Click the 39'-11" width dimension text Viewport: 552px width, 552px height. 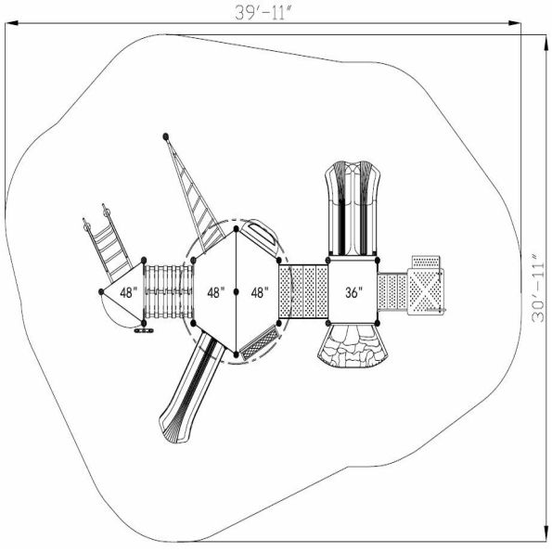pos(264,13)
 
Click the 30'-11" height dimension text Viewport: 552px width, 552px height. pos(538,288)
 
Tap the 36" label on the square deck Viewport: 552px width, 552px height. pos(353,292)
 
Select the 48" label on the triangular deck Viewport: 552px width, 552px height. pos(129,292)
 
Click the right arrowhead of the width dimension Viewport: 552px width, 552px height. pos(514,23)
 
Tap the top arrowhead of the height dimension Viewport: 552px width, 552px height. pos(546,43)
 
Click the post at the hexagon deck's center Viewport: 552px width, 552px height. pos(237,292)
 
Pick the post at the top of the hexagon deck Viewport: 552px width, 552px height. pos(237,229)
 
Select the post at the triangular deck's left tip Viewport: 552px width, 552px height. pos(101,292)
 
